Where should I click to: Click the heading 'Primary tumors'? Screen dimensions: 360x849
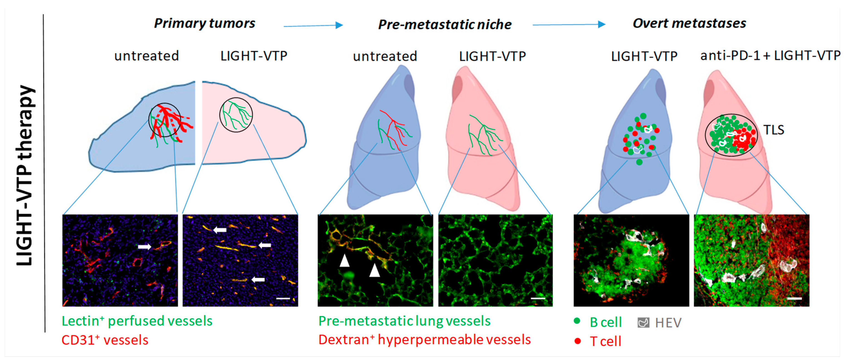(204, 23)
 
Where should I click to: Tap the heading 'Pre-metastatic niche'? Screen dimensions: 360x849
(445, 25)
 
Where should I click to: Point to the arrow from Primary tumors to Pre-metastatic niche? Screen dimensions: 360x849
(313, 25)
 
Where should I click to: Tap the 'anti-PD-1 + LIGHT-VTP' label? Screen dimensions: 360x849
(770, 56)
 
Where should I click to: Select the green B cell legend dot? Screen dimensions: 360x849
(577, 321)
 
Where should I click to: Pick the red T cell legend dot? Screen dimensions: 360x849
(577, 341)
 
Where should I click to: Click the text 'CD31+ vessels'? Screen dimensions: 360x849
(105, 340)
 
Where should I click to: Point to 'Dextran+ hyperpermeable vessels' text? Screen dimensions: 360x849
(424, 340)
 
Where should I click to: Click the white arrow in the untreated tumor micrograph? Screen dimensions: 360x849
(144, 246)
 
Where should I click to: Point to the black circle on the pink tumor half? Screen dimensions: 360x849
(236, 115)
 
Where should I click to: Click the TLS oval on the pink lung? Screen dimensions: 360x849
(731, 135)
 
